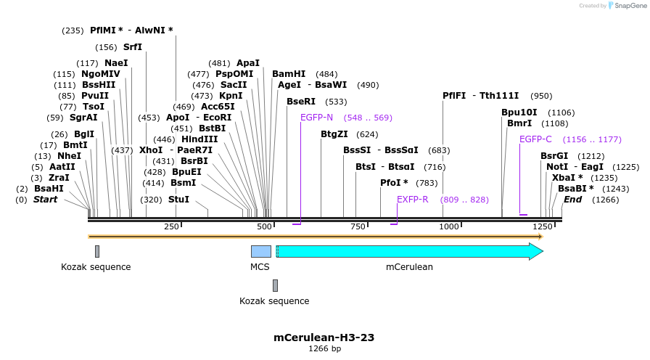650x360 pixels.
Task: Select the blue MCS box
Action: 260,251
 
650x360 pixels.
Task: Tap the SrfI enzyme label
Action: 133,47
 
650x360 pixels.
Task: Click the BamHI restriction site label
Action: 289,74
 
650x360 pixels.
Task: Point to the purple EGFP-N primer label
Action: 316,117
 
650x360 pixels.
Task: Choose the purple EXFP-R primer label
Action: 412,200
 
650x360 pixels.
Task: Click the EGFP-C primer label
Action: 535,139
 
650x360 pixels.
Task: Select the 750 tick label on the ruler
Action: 358,227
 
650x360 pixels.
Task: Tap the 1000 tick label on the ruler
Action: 450,227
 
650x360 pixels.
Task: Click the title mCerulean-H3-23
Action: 324,337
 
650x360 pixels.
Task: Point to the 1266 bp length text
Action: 324,349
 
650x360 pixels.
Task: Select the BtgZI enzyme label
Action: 334,134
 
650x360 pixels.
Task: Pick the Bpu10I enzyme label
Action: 519,112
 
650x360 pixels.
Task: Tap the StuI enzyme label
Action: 178,199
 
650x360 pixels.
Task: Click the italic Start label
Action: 45,199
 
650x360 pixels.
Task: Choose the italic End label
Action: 572,199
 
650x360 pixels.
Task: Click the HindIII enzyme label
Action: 199,139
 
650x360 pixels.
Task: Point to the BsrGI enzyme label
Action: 554,156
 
